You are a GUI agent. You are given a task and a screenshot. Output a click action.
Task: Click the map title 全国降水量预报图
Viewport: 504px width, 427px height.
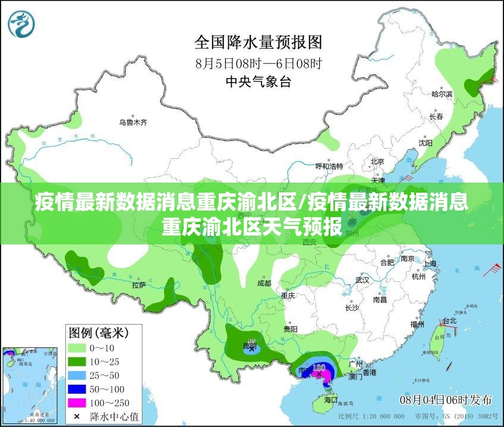(x=259, y=42)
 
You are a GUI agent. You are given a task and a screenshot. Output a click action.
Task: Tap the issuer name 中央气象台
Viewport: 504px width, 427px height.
(x=259, y=82)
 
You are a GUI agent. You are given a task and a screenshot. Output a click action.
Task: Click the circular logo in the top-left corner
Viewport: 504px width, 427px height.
(x=21, y=23)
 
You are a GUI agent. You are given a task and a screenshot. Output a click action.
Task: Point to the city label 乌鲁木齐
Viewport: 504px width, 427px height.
(x=133, y=123)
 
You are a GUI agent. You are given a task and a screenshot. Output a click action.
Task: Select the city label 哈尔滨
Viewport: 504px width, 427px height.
(x=442, y=94)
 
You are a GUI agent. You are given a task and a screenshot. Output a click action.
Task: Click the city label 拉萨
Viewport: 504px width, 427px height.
(x=139, y=285)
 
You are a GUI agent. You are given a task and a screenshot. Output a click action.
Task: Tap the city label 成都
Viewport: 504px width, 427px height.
(x=264, y=283)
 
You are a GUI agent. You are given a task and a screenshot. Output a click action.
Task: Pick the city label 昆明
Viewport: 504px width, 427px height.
(x=250, y=345)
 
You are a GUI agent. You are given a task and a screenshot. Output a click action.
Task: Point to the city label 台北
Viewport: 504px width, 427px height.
(x=450, y=321)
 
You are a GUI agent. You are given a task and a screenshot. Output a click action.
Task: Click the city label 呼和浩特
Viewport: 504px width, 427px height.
(x=329, y=166)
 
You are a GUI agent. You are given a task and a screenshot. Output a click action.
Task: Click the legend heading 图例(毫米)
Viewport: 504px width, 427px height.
(x=98, y=331)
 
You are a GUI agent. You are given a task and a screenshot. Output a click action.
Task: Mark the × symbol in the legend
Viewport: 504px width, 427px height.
(x=77, y=416)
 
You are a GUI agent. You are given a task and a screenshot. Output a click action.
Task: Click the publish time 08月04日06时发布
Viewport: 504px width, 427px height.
(x=445, y=398)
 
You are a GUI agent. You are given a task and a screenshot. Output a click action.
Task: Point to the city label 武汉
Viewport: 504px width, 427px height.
(x=362, y=280)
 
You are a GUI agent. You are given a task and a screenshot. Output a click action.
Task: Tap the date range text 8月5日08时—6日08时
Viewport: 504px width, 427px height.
(x=259, y=62)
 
